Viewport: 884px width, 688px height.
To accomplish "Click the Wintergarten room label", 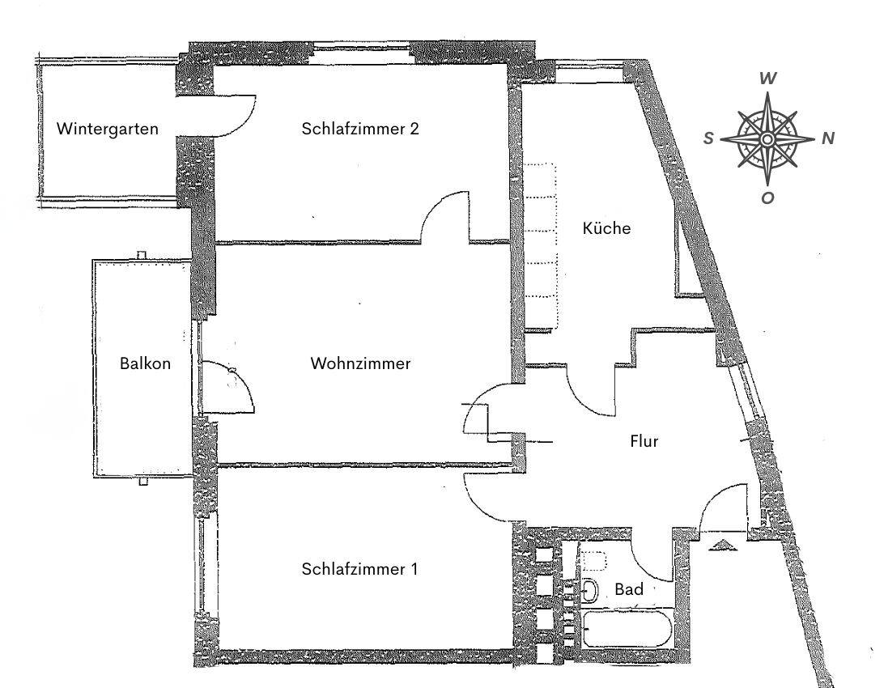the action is [x=107, y=129].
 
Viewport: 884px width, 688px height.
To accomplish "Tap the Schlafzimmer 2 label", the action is [x=360, y=129].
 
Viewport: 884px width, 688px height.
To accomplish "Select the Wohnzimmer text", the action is [x=360, y=363].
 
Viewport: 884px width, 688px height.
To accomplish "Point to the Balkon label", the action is [x=145, y=363].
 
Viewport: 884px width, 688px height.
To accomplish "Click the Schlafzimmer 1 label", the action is [x=359, y=569].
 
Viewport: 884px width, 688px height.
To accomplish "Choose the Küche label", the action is [x=606, y=228].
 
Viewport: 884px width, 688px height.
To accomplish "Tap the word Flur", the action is [x=644, y=441].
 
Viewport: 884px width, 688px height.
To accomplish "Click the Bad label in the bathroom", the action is [x=629, y=589].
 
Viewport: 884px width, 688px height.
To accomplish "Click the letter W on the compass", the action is [x=767, y=79].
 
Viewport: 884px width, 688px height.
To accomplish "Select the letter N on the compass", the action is [x=827, y=138].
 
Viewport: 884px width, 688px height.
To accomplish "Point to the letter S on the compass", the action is [x=708, y=138].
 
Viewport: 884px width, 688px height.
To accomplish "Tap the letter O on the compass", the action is [x=767, y=197].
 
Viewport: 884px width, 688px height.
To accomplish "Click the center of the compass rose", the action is [x=767, y=138].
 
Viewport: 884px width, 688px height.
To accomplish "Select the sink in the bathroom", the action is [x=589, y=591].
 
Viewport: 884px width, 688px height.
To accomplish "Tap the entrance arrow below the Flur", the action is [x=722, y=545].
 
